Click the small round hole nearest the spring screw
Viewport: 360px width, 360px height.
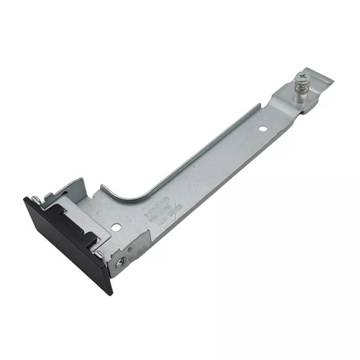[x=263, y=130]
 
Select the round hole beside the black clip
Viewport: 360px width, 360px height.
[x=116, y=227]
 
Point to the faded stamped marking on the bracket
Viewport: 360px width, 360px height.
[x=164, y=211]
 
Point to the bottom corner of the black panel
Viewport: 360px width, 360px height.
[x=109, y=291]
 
